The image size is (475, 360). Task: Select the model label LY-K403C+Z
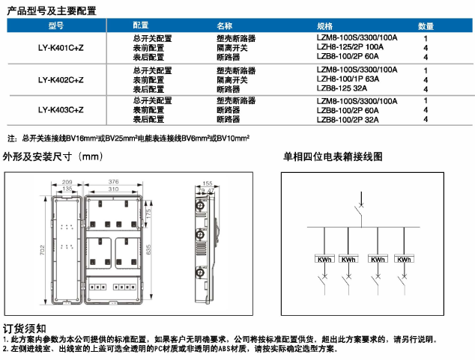(x=61, y=109)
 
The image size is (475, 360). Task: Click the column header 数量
(x=426, y=25)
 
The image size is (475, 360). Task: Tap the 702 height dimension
(x=42, y=249)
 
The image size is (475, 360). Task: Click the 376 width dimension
(x=114, y=182)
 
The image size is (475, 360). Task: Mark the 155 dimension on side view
(x=208, y=182)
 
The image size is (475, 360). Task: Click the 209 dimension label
(x=66, y=182)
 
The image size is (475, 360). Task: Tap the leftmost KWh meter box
(x=324, y=260)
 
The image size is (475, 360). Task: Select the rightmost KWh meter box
(x=405, y=260)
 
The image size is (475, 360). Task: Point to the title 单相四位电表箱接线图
(x=332, y=158)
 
